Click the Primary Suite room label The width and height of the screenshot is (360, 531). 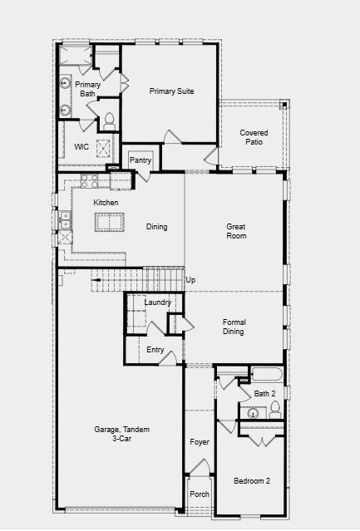(172, 91)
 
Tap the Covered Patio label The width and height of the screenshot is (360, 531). (254, 137)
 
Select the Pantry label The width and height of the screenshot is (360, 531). (141, 160)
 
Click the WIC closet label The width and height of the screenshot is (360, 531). (81, 147)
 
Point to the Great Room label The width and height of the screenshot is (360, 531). (236, 231)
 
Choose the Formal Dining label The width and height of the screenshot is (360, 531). (234, 327)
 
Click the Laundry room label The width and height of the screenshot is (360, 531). (157, 302)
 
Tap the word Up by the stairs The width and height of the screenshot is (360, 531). (190, 280)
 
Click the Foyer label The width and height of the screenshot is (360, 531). (199, 442)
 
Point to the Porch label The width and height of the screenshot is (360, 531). (200, 494)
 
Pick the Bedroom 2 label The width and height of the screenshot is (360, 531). (251, 481)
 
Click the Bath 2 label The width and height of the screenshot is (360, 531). (264, 394)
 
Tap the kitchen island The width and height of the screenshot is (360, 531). (109, 223)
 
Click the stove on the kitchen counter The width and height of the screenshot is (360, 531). (90, 178)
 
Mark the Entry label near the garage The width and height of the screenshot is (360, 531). (155, 350)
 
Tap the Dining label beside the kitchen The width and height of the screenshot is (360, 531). (157, 227)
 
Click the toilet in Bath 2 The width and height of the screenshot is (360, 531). (274, 409)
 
